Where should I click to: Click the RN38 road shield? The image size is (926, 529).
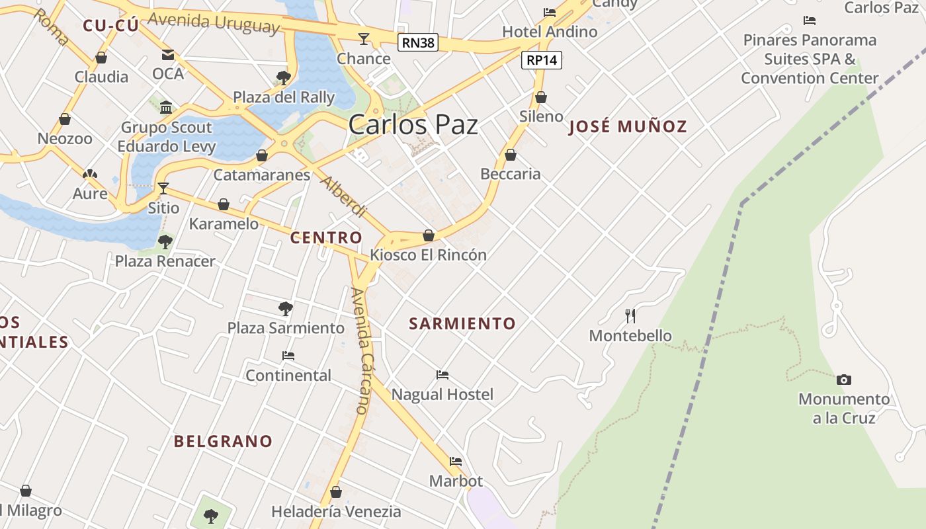point(419,43)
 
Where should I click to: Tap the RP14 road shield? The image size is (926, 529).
point(541,60)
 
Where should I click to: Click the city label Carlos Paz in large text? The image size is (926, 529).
point(413,124)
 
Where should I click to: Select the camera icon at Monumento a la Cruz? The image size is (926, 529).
point(843,380)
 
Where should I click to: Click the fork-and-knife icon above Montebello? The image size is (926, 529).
point(630,316)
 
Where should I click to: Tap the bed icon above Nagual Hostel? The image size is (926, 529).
point(442,375)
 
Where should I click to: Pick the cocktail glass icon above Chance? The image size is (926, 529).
point(363,39)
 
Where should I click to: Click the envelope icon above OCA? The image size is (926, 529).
point(168,54)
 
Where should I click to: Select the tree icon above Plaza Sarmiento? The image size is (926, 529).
point(286,308)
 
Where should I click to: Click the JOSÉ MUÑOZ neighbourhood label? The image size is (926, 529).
point(628,126)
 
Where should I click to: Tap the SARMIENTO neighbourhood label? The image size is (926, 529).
point(462,323)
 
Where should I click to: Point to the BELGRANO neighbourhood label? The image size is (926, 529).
point(223,441)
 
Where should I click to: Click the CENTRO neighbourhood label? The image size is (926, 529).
point(326,237)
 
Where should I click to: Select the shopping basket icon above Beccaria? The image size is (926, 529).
point(510,155)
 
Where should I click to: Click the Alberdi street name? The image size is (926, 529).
point(343,197)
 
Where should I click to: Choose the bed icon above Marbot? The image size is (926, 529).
point(456,461)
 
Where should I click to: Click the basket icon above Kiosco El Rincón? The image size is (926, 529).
point(429,235)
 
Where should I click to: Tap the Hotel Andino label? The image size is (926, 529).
point(550,31)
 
